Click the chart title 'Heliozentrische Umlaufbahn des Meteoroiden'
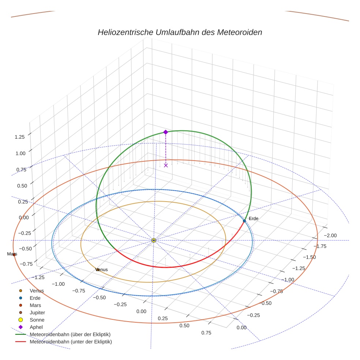(x=180, y=32)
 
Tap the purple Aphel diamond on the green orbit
(x=165, y=132)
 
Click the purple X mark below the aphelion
(x=166, y=165)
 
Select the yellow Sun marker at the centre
(x=154, y=240)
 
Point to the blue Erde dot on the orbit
(x=244, y=221)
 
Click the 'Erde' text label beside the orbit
(x=254, y=218)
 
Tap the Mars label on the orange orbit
(x=12, y=254)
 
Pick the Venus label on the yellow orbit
(x=102, y=270)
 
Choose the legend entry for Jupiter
(x=37, y=312)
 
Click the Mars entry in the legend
(x=35, y=305)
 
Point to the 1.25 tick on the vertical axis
(x=19, y=137)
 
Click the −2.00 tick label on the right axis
(x=330, y=235)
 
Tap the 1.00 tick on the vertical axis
(x=20, y=153)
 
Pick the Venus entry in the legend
(x=37, y=291)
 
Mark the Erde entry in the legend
(x=35, y=298)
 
